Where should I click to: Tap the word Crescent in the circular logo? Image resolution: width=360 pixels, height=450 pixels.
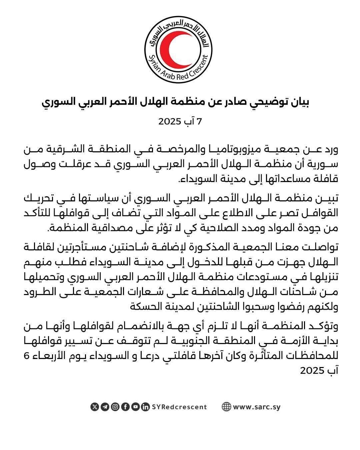pos(199,68)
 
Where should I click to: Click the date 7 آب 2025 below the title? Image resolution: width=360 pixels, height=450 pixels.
pos(180,121)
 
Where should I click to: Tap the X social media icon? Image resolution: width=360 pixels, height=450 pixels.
pos(95,407)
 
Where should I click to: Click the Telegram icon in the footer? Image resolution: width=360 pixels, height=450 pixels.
pos(105,407)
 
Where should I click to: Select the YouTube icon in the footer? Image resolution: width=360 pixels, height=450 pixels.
pos(135,407)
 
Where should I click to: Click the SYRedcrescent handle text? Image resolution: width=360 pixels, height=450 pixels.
pos(179,407)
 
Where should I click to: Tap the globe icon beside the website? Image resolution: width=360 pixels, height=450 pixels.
pos(226,407)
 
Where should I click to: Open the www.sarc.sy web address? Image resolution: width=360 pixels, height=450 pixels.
pos(257,407)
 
